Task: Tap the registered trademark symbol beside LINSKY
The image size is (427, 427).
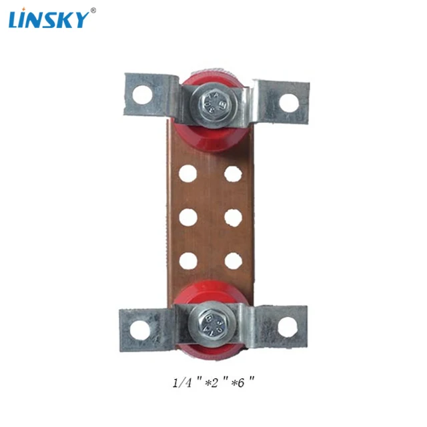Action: [x=93, y=11]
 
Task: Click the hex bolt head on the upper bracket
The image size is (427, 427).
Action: [x=213, y=104]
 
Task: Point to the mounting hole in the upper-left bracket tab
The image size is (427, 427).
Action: [x=142, y=95]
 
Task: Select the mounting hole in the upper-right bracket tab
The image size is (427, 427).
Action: [x=289, y=103]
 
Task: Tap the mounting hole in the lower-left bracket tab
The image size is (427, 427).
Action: [x=140, y=330]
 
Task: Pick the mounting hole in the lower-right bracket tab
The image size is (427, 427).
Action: [x=287, y=326]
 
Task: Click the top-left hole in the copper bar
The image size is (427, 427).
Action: [x=188, y=173]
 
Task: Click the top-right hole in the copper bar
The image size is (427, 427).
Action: [x=233, y=173]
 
